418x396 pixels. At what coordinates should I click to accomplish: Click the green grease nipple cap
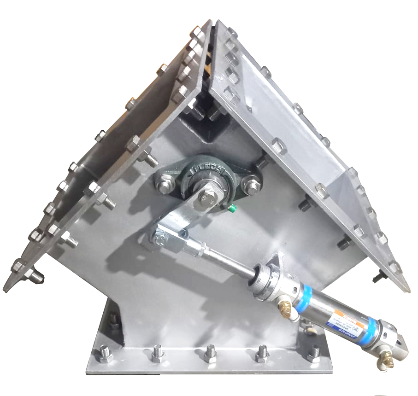click(x=233, y=208)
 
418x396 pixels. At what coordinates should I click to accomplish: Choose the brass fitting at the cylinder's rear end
click(x=385, y=359)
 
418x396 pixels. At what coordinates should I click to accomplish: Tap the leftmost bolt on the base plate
click(x=105, y=355)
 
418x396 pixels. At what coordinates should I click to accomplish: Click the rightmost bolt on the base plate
click(x=314, y=354)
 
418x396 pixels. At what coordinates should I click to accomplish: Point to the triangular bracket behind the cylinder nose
click(x=275, y=262)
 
